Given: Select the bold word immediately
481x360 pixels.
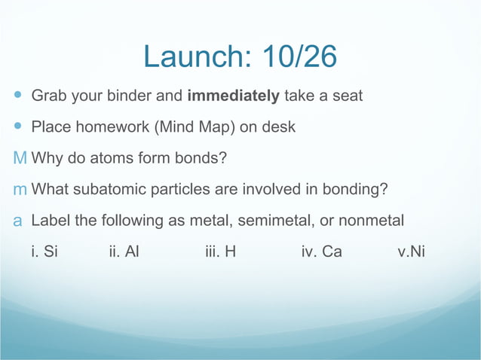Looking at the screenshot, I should [x=233, y=96].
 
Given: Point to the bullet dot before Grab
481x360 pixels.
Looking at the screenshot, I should [x=18, y=96].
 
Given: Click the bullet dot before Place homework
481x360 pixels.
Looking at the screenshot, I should [x=18, y=127].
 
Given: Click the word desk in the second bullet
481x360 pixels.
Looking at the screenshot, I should [x=278, y=127].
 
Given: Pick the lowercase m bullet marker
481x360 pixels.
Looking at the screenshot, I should [x=20, y=189].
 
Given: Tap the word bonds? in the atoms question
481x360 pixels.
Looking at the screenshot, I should [x=201, y=158].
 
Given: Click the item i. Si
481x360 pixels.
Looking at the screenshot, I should [x=44, y=252].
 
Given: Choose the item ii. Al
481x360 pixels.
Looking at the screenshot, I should [x=124, y=252].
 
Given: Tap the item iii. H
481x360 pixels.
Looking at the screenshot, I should [x=220, y=252].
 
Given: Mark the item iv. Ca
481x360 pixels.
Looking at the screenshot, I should [x=321, y=252].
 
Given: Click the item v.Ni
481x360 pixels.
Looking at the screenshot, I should [x=411, y=252].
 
